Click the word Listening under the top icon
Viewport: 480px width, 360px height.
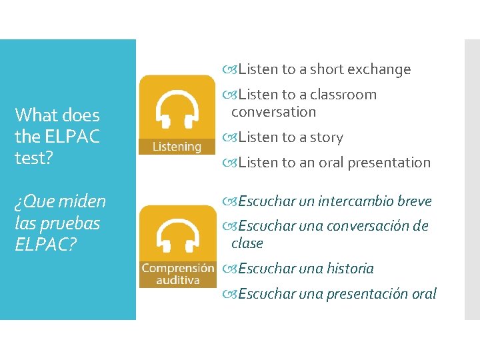176,147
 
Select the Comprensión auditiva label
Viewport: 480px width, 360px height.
178,275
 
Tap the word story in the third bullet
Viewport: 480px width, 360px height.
327,138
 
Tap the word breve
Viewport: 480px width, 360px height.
414,201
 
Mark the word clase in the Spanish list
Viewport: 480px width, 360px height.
247,243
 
